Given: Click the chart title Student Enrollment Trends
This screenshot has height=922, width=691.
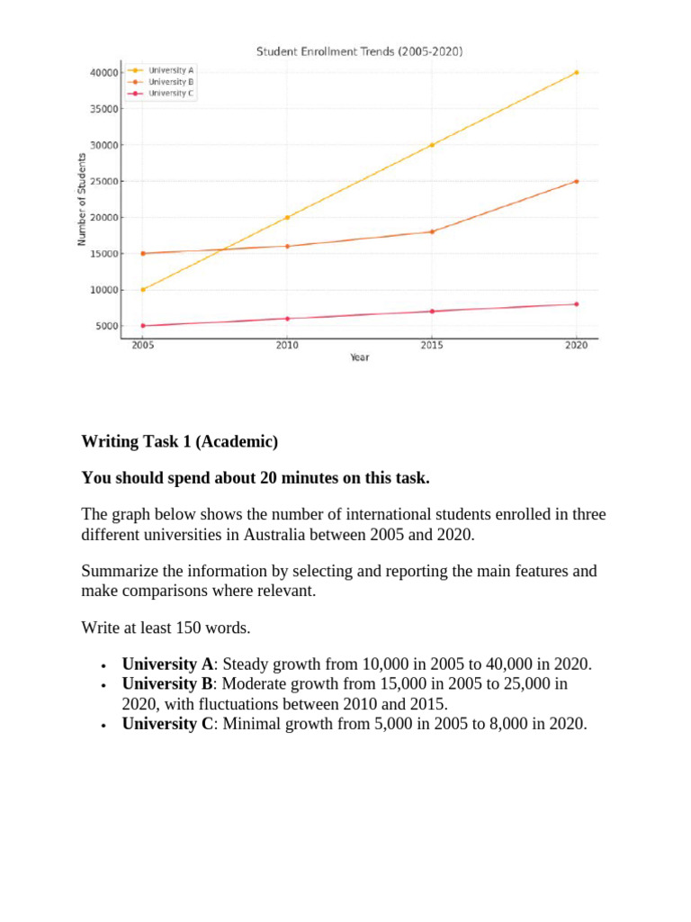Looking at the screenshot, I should click(360, 52).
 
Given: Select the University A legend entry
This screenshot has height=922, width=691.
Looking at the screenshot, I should click(171, 70).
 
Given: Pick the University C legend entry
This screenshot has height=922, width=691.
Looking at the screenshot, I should click(171, 93).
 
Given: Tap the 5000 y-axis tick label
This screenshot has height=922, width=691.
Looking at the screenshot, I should click(106, 326).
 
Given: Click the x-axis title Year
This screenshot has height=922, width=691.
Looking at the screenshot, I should click(360, 358).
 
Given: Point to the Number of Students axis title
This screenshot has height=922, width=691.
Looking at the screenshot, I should click(81, 199).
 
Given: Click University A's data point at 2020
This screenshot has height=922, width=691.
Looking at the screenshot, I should click(576, 72).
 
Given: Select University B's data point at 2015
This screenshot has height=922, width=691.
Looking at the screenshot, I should click(432, 231).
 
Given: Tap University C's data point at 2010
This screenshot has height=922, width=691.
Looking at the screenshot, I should click(287, 319).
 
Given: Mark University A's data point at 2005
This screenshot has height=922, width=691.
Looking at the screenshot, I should click(143, 289).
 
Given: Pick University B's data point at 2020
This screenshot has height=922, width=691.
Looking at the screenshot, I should click(576, 181).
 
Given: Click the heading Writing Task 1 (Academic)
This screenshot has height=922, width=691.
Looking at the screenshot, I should click(180, 441).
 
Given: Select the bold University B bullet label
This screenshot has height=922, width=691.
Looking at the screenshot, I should click(167, 684).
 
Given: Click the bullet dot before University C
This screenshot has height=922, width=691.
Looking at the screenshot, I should click(105, 725).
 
